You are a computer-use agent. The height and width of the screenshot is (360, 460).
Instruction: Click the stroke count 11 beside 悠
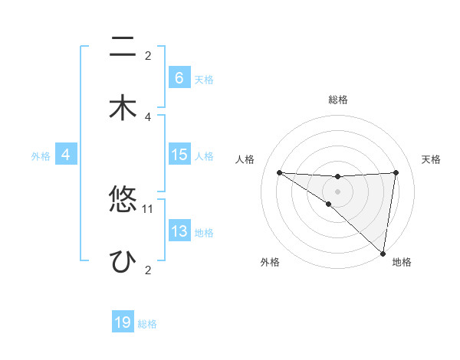click(x=148, y=208)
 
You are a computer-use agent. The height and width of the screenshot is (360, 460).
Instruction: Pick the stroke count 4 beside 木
click(x=148, y=116)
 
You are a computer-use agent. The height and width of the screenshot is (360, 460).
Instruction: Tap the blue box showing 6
click(x=179, y=78)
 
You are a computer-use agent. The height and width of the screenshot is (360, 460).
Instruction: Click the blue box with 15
click(x=179, y=155)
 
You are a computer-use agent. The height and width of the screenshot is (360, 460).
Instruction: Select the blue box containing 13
click(x=179, y=231)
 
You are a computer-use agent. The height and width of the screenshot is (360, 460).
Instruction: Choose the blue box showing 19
click(x=123, y=322)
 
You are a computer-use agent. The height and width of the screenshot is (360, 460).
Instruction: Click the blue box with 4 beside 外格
click(x=66, y=155)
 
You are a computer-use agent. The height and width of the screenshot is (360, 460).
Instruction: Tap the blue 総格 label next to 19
click(x=147, y=324)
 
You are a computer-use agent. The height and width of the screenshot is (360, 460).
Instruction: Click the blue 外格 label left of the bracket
click(x=41, y=156)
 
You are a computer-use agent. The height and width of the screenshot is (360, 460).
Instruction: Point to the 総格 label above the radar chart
click(x=337, y=100)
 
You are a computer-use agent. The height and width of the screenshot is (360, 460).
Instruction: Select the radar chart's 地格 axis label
click(x=402, y=263)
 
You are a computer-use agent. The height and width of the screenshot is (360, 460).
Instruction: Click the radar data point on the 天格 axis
click(x=396, y=172)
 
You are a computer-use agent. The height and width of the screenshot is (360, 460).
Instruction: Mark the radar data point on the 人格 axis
click(x=279, y=172)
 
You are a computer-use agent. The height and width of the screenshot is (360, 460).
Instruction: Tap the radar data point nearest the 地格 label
click(x=383, y=253)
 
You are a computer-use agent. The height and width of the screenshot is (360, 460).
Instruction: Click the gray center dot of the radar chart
click(x=337, y=191)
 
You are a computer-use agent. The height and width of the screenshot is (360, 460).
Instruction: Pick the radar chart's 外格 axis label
click(x=270, y=263)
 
